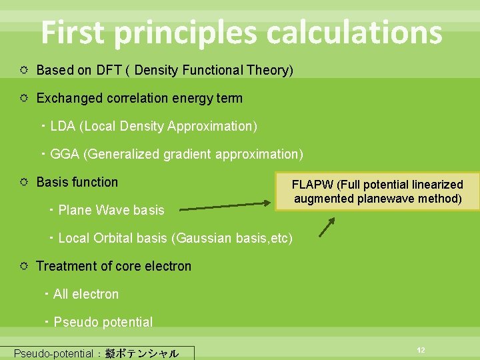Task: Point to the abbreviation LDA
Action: (63, 126)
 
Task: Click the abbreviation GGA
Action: (65, 154)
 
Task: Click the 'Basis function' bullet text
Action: (77, 182)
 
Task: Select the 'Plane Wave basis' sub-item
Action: (111, 210)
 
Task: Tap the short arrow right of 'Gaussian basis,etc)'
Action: (327, 227)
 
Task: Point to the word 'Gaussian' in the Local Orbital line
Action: (199, 238)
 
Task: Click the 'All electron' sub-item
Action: (85, 294)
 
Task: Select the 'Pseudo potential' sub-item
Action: (103, 322)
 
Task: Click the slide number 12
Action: (421, 350)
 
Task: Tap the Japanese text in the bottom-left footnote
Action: (141, 354)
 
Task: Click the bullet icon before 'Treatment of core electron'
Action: (23, 267)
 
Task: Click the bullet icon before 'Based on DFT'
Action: (23, 71)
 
